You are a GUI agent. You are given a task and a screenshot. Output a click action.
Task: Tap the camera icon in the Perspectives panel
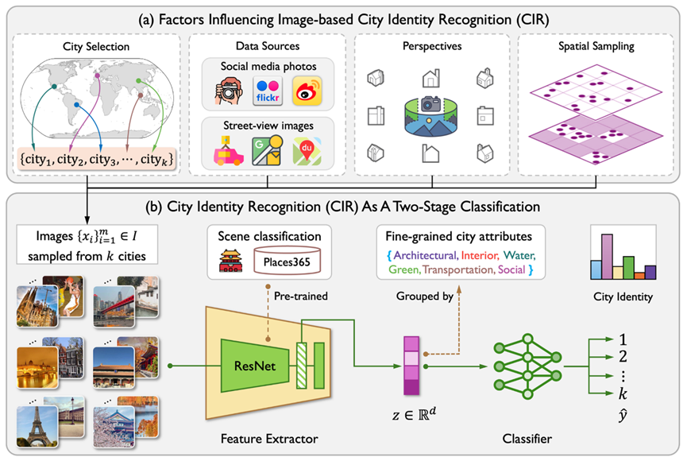point(431,104)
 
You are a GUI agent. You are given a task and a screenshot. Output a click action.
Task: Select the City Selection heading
point(96,47)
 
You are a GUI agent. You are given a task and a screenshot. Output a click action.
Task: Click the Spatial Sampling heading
point(596,47)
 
